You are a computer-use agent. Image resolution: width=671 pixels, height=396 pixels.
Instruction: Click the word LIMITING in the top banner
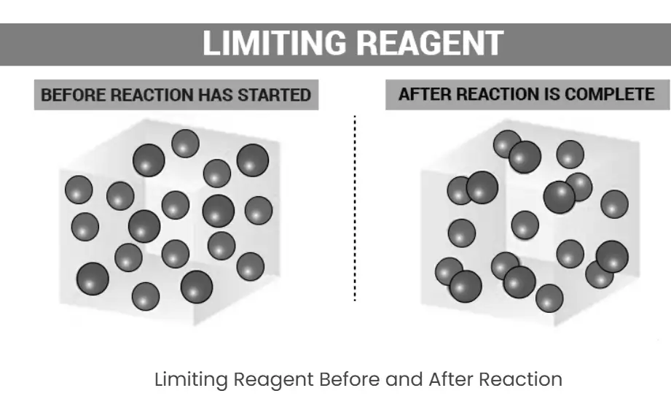point(275,43)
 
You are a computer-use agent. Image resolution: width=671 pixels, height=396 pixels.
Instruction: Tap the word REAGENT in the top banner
point(430,43)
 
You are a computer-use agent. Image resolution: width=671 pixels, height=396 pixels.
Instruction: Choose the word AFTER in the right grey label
point(425,94)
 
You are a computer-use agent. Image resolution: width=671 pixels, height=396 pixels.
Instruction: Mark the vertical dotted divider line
point(355,209)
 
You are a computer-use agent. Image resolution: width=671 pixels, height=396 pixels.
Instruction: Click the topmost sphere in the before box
point(185,143)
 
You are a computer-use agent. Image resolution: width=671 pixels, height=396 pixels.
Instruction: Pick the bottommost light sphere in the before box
point(146,296)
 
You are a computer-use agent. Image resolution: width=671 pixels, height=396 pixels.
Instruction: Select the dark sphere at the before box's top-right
point(253,160)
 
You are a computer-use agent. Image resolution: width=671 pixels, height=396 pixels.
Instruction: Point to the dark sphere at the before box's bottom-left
point(93,279)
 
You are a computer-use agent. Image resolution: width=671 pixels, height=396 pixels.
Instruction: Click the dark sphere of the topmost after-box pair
point(525,158)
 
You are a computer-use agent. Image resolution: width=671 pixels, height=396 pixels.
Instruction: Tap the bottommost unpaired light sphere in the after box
point(549,298)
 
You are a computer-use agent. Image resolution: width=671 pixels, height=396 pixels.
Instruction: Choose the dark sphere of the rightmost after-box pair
point(612,257)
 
